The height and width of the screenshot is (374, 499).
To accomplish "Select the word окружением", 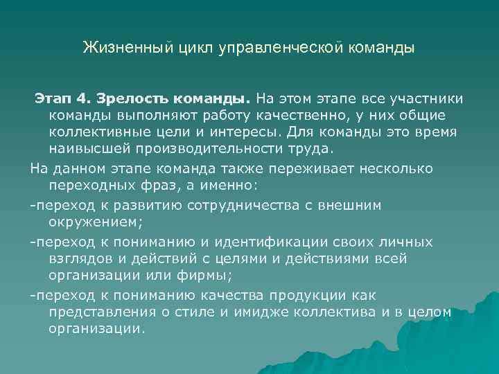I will [92, 222].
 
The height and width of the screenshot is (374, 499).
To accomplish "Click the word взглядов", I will [80, 259].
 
